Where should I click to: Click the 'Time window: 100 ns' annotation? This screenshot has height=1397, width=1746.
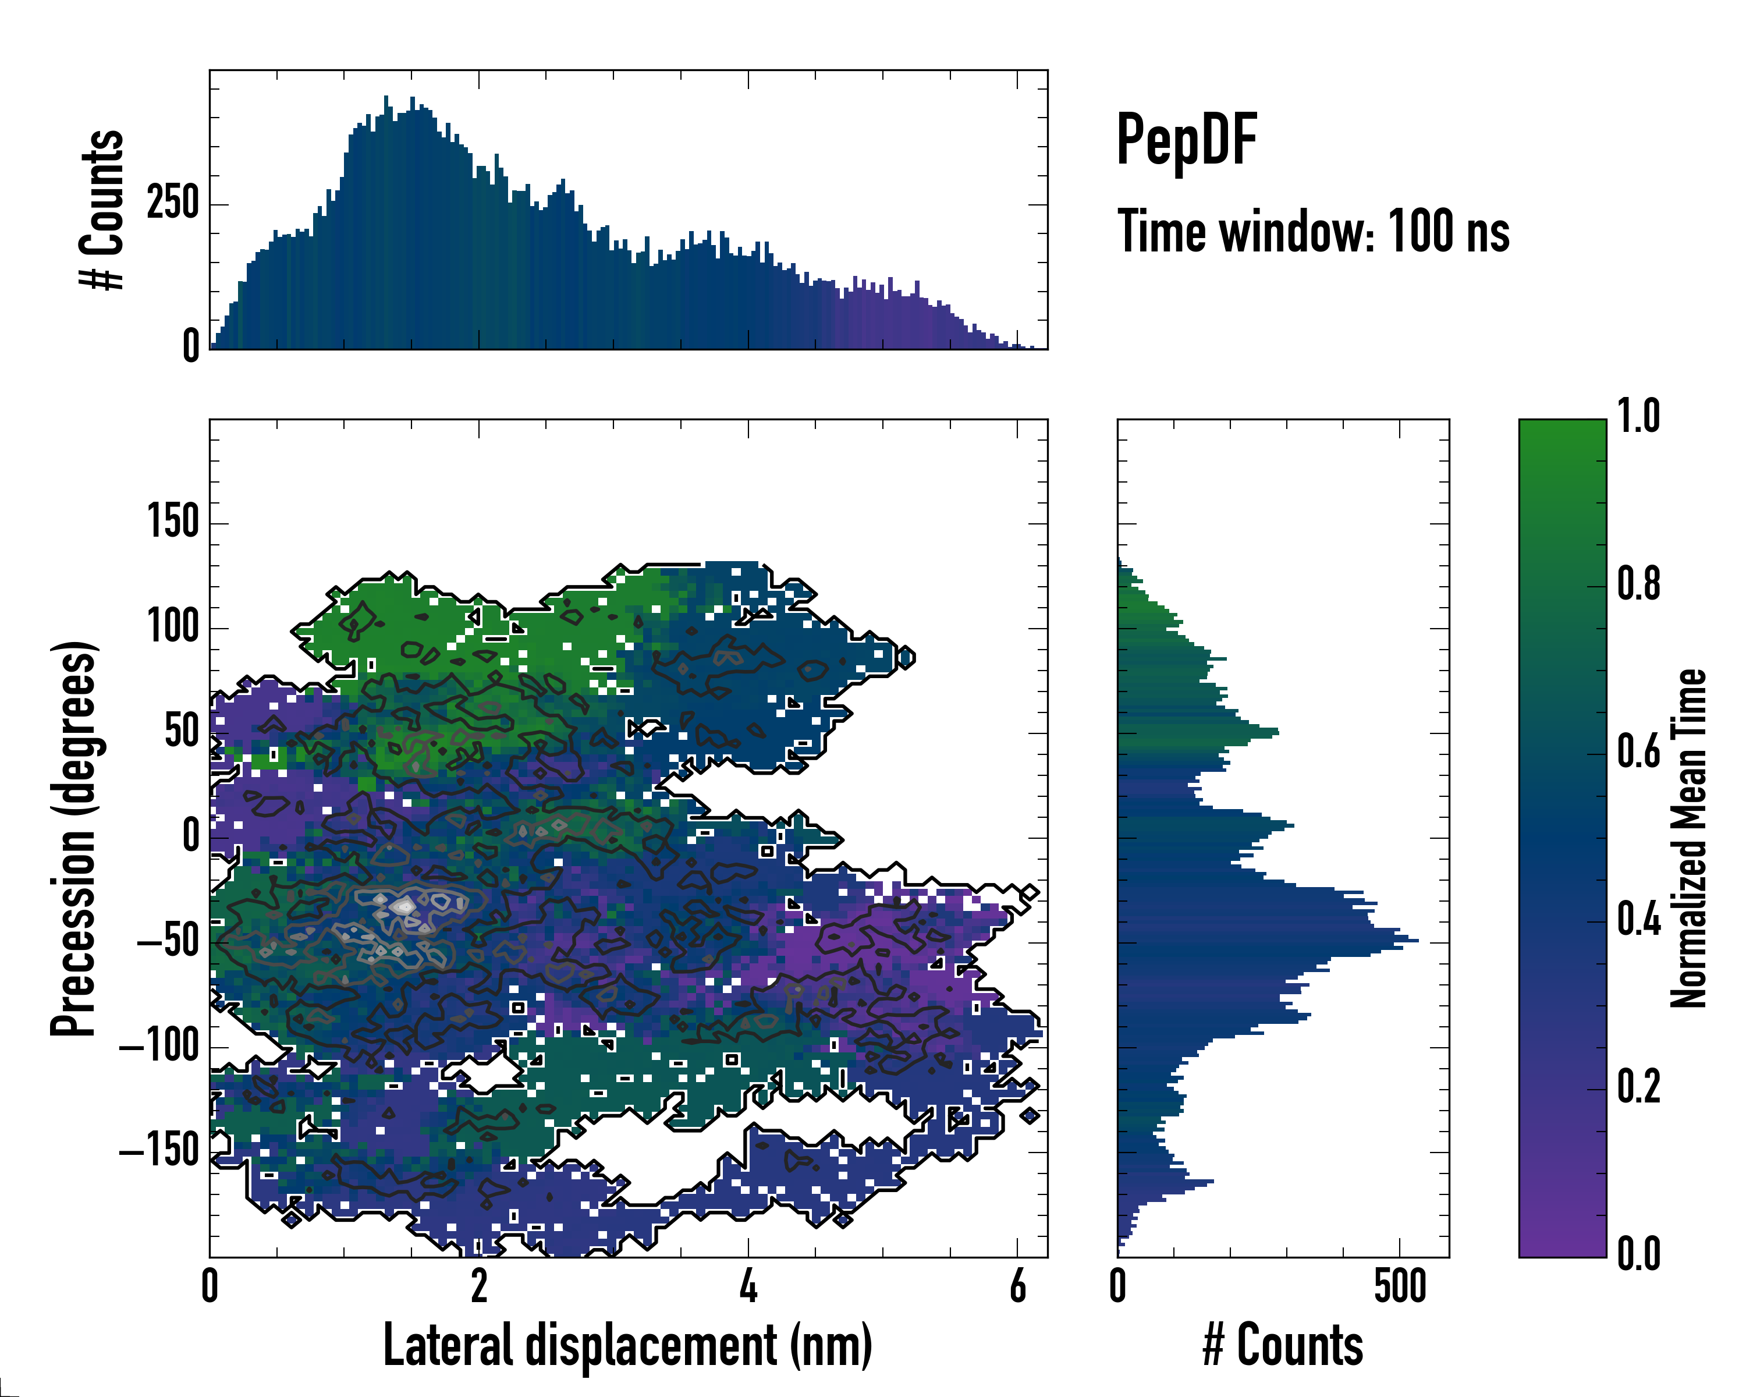coord(1313,232)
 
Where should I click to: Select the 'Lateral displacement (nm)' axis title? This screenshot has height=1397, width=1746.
coord(627,1345)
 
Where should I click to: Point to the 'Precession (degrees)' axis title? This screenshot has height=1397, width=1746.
coord(74,838)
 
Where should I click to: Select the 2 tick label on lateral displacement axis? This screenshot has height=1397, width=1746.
coord(480,1285)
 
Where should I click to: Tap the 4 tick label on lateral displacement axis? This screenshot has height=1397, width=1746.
coord(748,1285)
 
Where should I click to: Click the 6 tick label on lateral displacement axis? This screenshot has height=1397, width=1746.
coord(1018,1285)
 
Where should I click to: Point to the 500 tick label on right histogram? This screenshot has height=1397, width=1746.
coord(1399,1285)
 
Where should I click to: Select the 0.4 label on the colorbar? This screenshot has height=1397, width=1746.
coord(1638,920)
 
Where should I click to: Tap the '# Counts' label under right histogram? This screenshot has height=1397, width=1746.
coord(1283,1345)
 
